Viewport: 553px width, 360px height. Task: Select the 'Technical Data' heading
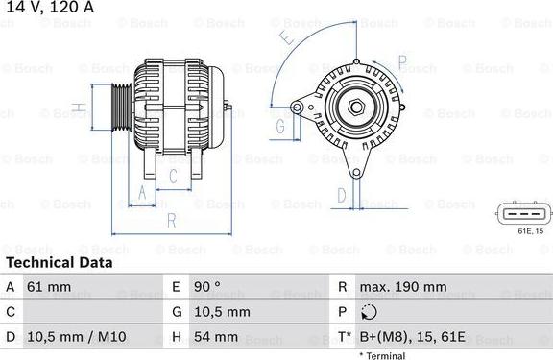pos(60,262)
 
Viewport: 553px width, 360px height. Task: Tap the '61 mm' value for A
pos(50,287)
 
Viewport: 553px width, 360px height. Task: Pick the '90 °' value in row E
pos(208,287)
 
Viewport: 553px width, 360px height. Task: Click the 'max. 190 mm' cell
pos(402,287)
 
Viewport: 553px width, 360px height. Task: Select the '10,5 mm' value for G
pos(224,312)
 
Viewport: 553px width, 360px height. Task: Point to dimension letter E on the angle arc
pos(286,37)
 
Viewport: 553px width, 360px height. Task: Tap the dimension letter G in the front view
pos(280,126)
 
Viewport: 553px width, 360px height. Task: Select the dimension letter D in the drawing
pos(342,195)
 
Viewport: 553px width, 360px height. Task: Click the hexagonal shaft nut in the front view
pos(355,107)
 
